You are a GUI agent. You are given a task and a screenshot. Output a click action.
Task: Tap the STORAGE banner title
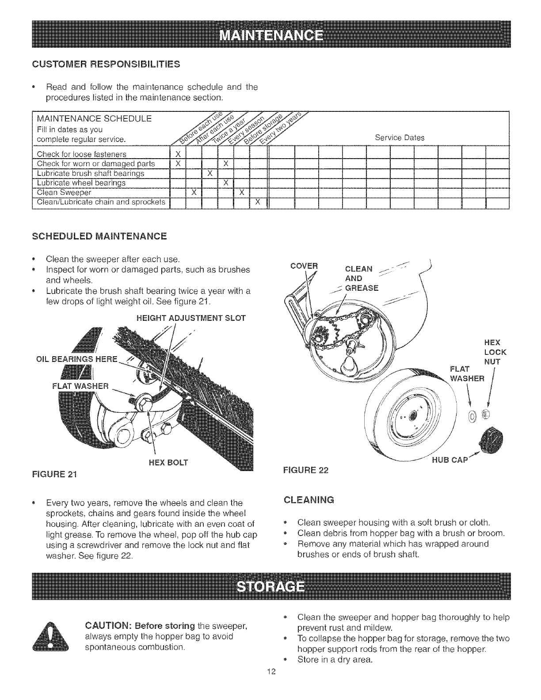point(271,588)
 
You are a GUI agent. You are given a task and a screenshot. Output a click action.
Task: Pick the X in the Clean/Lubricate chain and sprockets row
point(258,202)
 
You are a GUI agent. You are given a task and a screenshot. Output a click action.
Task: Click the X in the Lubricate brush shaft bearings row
point(210,172)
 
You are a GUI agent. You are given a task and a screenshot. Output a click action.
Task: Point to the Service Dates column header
point(399,137)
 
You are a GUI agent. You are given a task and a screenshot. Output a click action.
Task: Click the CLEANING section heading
point(309,500)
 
